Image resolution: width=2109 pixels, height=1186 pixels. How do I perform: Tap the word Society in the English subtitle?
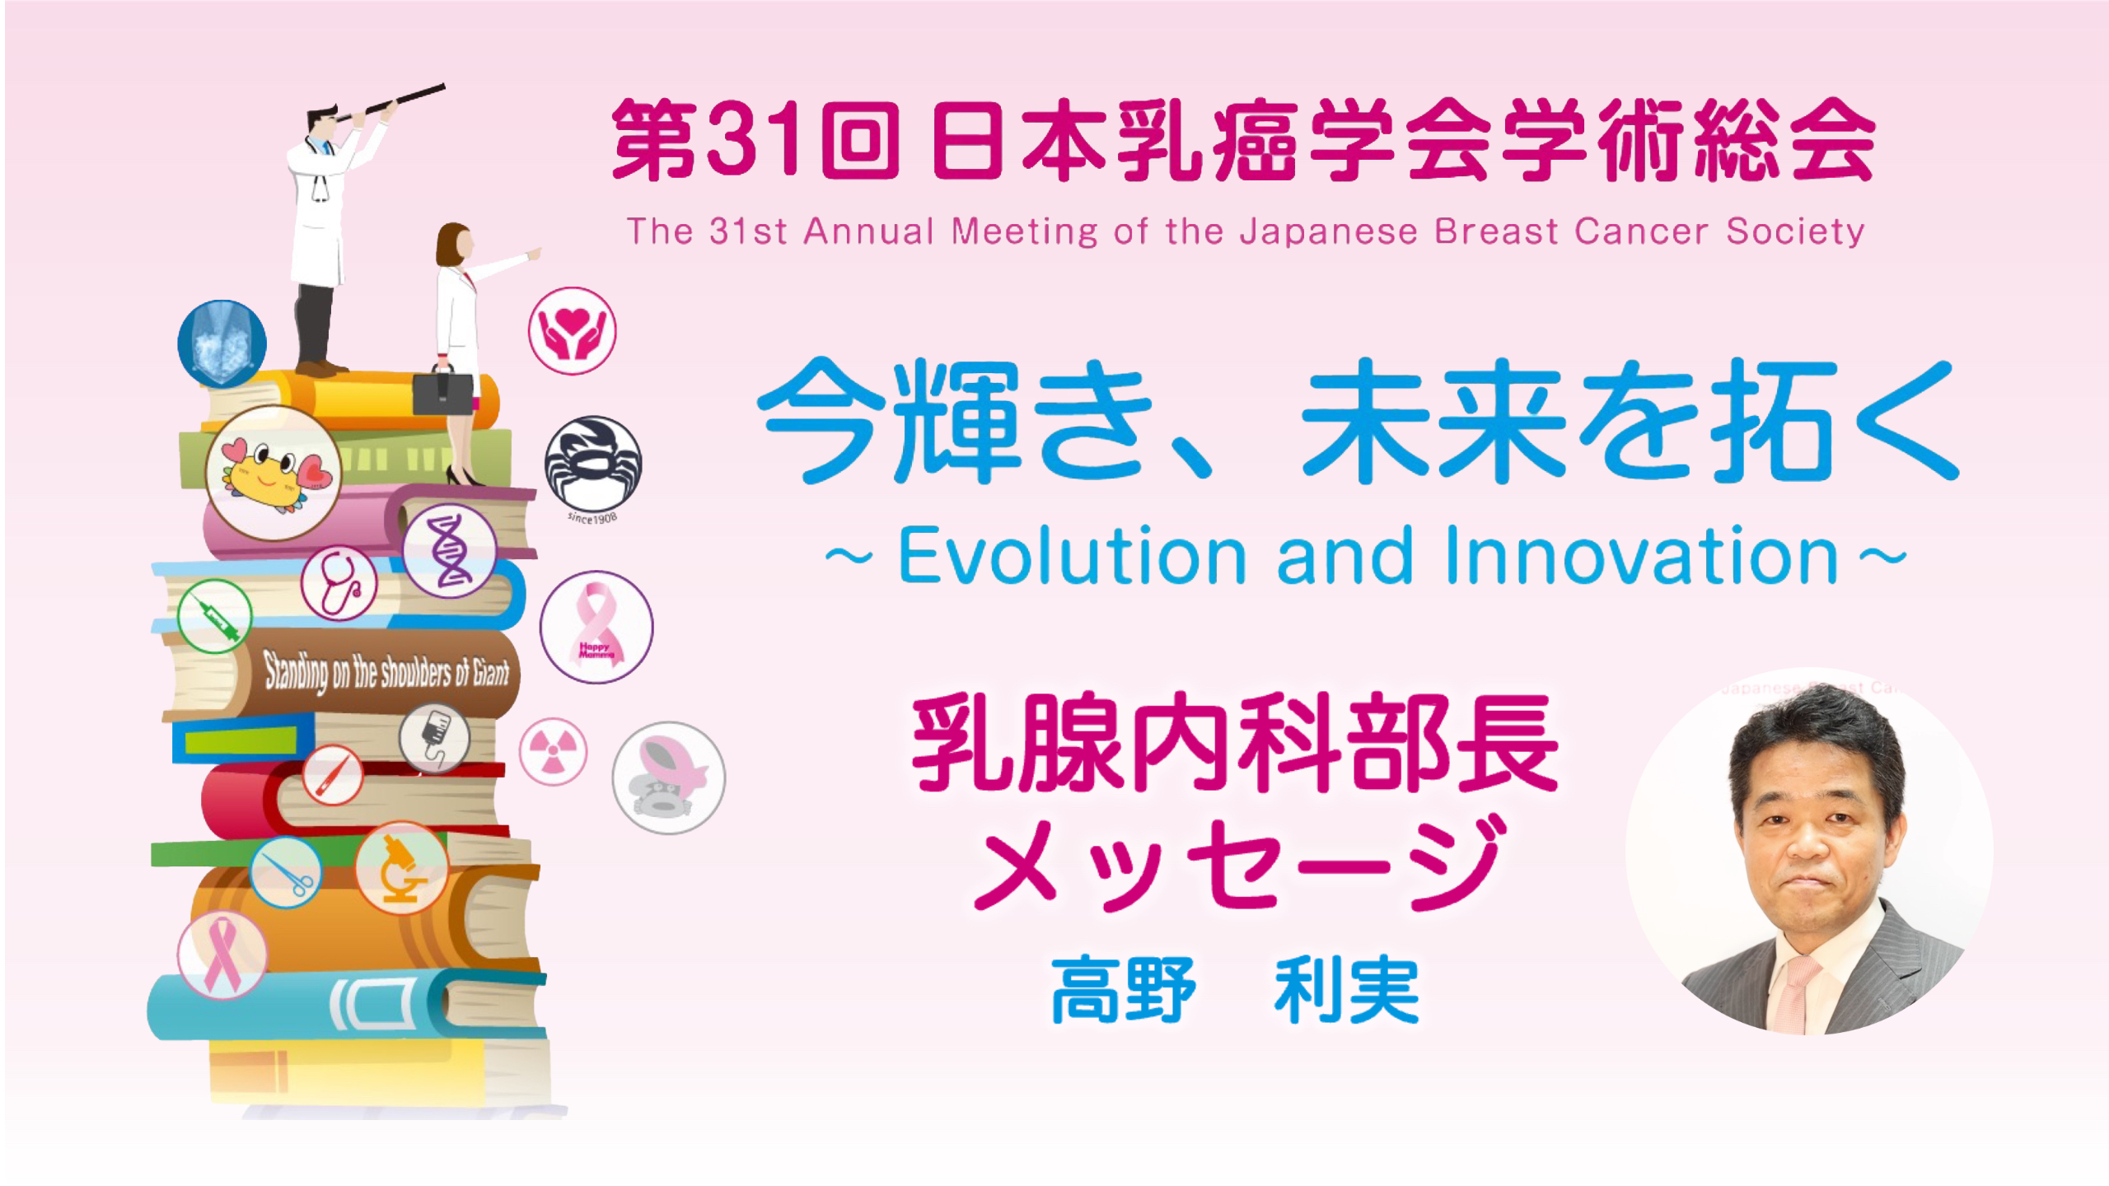[1795, 231]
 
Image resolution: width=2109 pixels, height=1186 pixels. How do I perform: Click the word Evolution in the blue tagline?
[1072, 557]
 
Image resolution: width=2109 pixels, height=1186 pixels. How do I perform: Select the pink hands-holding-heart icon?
[572, 331]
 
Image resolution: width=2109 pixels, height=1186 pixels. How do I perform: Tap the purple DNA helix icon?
[449, 550]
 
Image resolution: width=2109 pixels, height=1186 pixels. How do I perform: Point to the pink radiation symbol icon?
[554, 752]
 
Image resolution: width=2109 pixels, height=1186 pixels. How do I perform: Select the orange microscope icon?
[401, 868]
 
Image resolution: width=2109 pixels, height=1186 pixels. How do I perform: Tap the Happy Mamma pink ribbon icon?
[596, 627]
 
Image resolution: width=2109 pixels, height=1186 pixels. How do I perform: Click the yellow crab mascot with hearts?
[274, 473]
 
